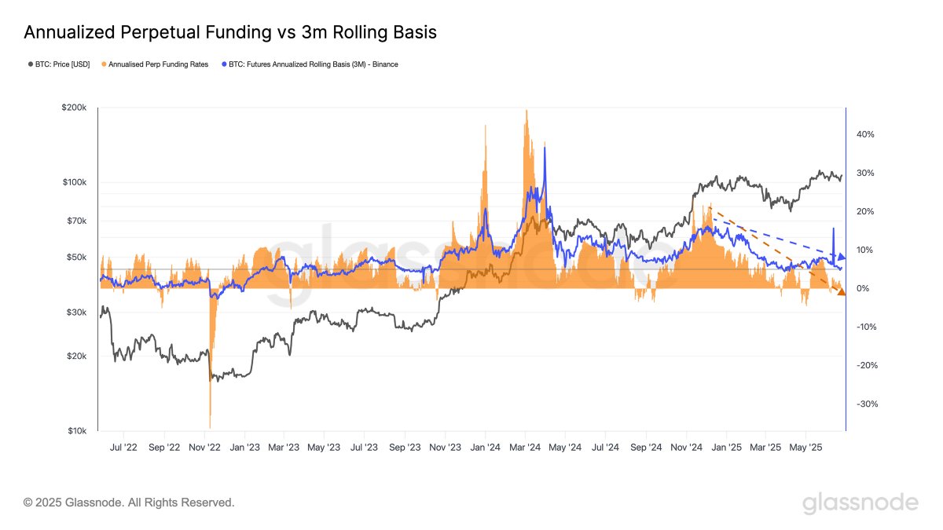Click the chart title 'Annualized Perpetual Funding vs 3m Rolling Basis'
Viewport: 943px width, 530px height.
(230, 32)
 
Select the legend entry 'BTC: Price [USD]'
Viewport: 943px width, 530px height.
(62, 64)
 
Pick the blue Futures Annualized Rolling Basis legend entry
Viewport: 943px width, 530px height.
(310, 64)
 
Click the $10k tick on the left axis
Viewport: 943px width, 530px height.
(78, 431)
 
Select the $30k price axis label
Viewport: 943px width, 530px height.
(78, 313)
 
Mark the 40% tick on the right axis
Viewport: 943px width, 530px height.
(865, 134)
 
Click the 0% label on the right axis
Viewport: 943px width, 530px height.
(863, 289)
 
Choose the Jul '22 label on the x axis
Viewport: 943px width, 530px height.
(123, 448)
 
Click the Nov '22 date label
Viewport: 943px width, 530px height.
(204, 448)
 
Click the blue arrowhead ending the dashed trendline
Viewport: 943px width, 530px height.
(841, 257)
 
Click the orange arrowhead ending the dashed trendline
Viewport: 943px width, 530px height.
(840, 292)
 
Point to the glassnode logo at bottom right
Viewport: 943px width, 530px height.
(860, 503)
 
